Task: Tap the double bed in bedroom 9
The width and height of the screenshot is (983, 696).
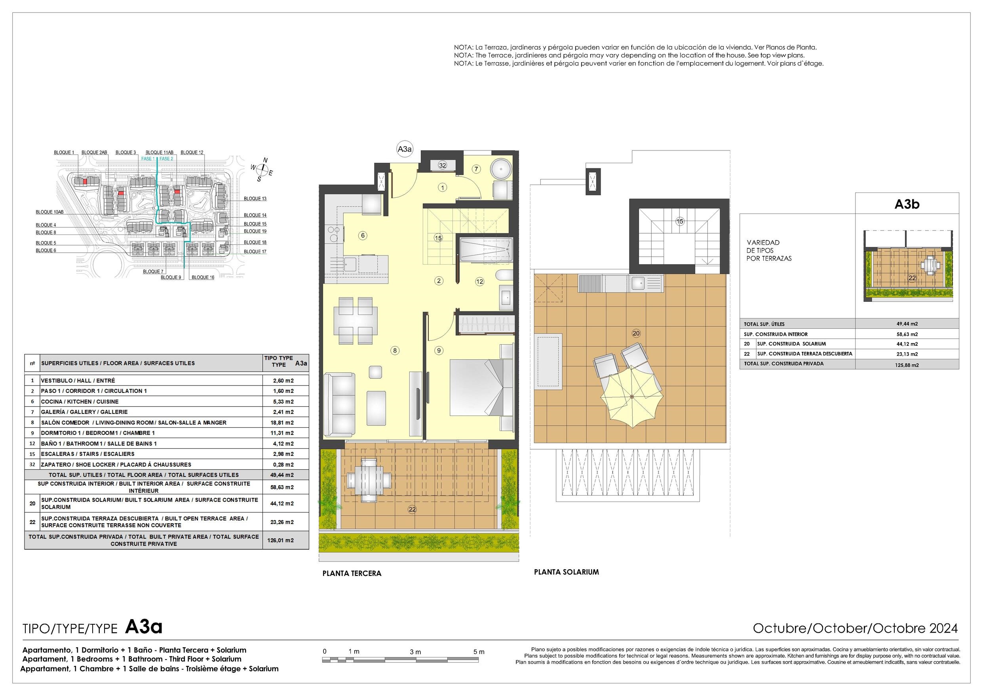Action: pos(481,387)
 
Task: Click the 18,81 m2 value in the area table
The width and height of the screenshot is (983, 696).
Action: pos(283,423)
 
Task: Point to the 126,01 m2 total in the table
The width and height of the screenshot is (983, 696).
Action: pos(283,540)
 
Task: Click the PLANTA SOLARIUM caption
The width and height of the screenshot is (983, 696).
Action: pos(566,572)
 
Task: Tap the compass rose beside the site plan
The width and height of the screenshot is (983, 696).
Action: pos(262,170)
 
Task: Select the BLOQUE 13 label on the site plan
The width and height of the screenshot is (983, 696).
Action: pos(255,198)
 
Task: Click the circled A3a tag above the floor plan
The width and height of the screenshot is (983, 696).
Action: pos(404,149)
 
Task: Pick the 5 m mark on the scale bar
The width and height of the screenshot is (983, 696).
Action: pos(479,652)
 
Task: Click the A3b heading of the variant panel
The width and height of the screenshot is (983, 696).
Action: pos(907,204)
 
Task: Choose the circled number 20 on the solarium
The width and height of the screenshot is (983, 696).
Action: pos(636,333)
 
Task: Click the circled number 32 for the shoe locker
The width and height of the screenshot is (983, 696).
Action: pos(443,166)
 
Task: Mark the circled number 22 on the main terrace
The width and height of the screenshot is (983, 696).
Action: pos(412,509)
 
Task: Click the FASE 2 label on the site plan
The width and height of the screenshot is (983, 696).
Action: pos(167,158)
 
